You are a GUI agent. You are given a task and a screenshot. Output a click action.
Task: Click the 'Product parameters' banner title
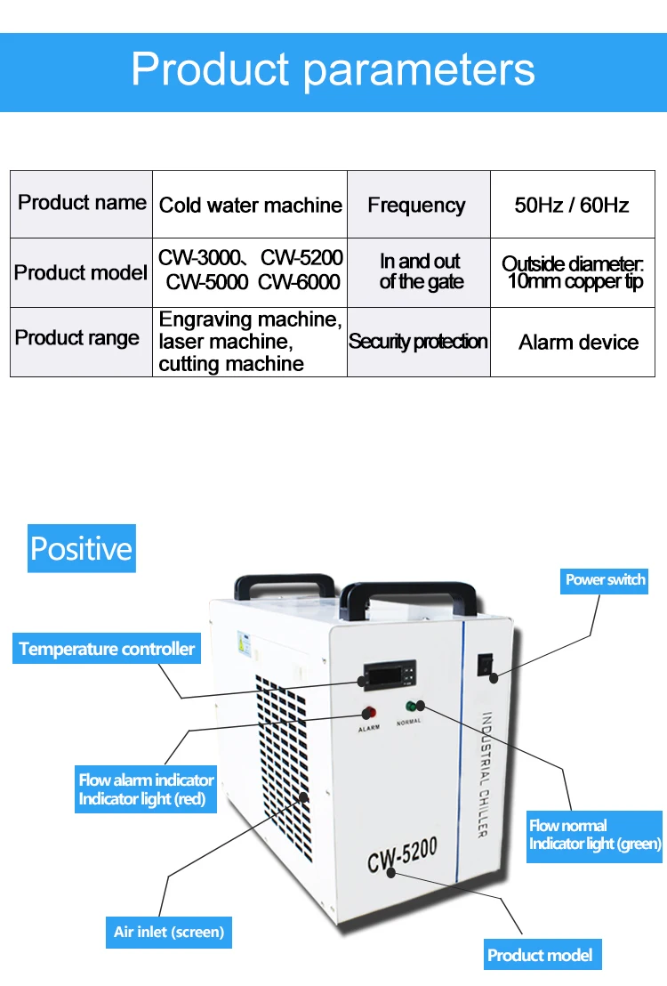point(333,70)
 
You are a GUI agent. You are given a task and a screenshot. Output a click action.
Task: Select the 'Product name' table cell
point(82,203)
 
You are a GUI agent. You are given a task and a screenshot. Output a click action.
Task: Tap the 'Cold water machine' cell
point(250,206)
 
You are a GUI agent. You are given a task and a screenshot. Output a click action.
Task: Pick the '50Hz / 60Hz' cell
point(572,206)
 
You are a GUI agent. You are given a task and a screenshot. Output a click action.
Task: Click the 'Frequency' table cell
point(416,206)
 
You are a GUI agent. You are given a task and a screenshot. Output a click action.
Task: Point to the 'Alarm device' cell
point(578,343)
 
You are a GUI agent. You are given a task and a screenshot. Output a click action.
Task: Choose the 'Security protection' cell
point(418,342)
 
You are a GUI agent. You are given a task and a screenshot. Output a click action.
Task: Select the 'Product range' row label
point(77,338)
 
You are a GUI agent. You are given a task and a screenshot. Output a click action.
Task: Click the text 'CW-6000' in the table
point(300,282)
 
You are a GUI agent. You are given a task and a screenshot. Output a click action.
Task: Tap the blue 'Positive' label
point(81,548)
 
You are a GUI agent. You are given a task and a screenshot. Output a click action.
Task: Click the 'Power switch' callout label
point(606,580)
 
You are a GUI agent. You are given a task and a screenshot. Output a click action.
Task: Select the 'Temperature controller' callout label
point(107,649)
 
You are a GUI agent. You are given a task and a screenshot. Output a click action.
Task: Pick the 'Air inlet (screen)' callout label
point(169,933)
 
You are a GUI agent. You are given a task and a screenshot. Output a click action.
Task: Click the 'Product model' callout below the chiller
point(540,956)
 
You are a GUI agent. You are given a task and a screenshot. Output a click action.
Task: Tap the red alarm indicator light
point(367,714)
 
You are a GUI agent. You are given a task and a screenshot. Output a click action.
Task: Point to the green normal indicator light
point(412,707)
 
